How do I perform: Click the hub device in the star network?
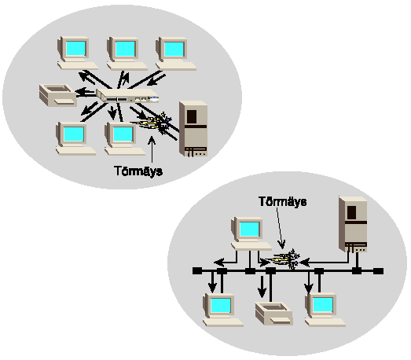(127, 95)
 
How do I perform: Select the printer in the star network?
(58, 95)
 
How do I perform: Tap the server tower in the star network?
(193, 129)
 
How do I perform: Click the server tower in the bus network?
(353, 225)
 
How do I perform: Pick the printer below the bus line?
(274, 314)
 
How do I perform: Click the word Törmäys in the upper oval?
(138, 171)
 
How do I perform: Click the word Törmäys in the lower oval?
(283, 201)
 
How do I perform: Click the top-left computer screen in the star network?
(75, 49)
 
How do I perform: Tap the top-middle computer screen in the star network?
(125, 49)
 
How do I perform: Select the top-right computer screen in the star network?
(174, 49)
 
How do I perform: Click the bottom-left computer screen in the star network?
(74, 134)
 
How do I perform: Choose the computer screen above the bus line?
(250, 230)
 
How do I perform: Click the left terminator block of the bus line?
(197, 271)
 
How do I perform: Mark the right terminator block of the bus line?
(378, 271)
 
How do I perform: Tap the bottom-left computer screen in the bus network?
(221, 305)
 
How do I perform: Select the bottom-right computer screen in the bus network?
(323, 305)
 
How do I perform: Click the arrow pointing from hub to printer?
(86, 92)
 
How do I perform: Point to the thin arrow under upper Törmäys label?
(152, 149)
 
